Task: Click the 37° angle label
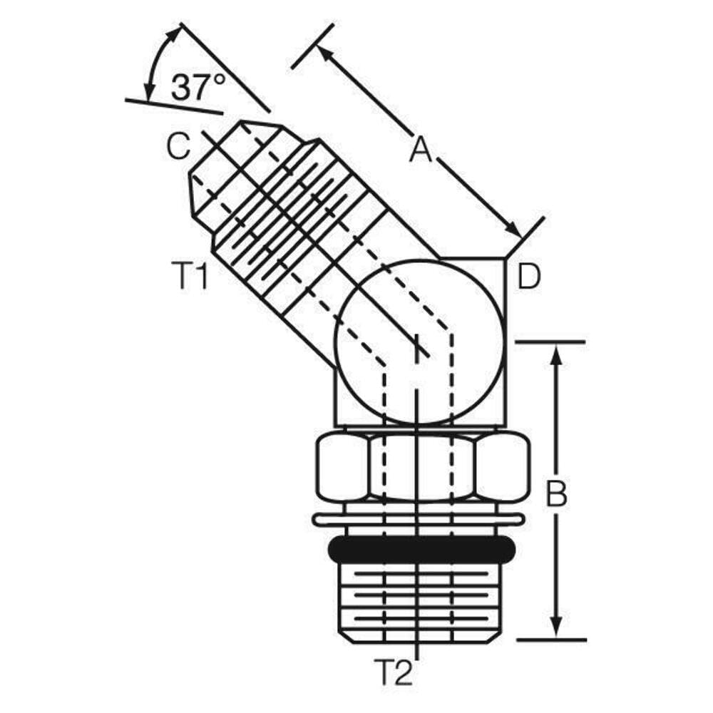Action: point(198,87)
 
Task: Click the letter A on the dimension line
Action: point(421,150)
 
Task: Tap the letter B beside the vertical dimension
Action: point(556,494)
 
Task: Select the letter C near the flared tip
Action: point(178,147)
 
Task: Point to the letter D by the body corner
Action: point(529,277)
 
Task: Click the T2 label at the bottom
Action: point(394,672)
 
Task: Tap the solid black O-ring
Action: point(421,548)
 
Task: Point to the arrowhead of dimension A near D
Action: point(513,230)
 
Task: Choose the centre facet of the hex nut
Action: point(421,468)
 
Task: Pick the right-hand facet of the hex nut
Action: point(502,468)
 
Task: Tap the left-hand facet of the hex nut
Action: point(342,468)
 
